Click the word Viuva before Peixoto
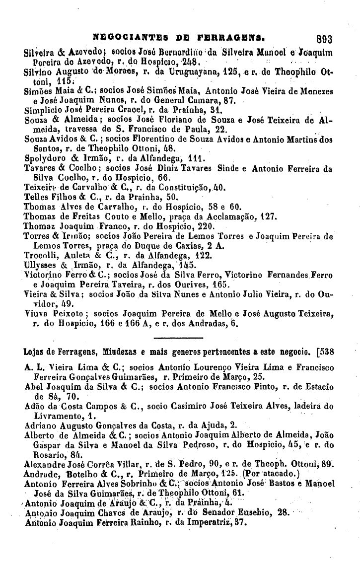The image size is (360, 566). click(35, 313)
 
